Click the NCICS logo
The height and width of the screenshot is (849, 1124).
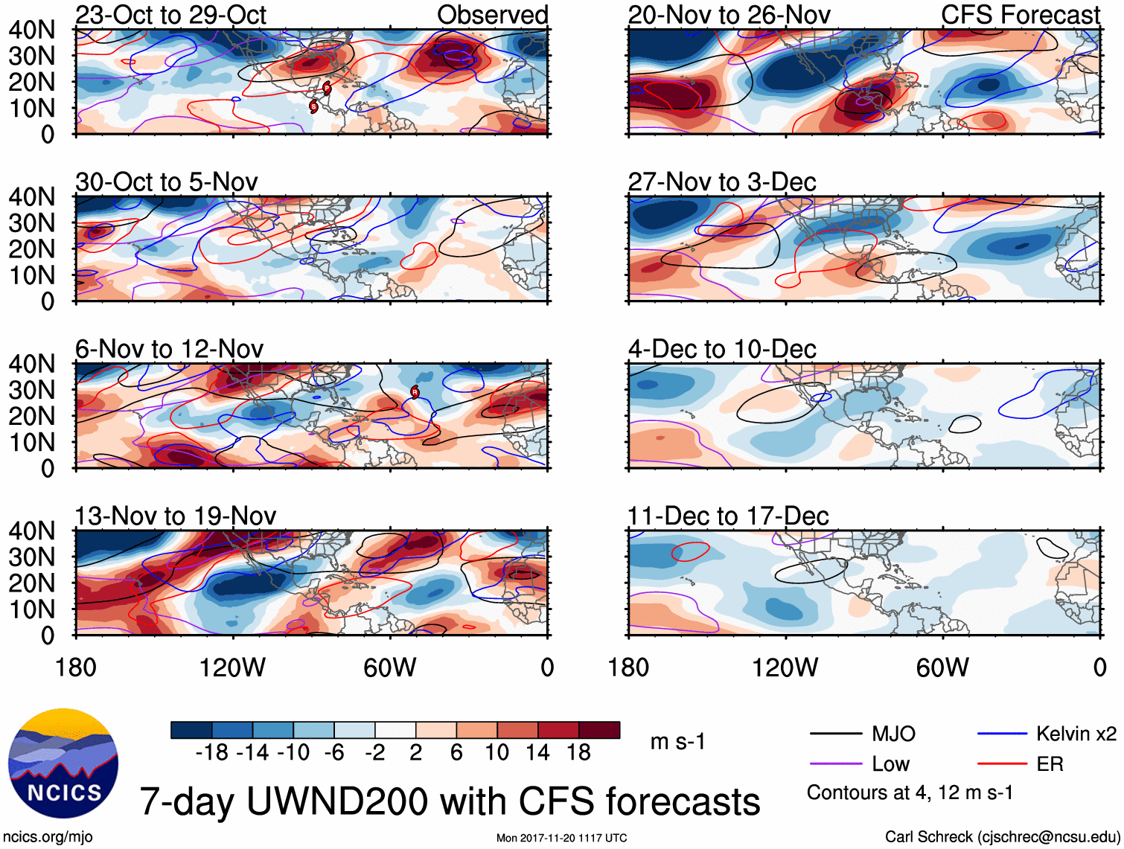click(x=63, y=763)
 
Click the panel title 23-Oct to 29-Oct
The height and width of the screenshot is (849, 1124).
click(x=170, y=15)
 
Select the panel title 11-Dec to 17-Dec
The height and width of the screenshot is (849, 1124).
click(x=727, y=516)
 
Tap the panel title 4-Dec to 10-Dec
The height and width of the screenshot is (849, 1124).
click(x=722, y=349)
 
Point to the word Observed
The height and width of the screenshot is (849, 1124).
click(x=492, y=15)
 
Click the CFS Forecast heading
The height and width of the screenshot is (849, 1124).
click(x=1020, y=15)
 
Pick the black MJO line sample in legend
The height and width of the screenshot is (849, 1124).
click(x=835, y=734)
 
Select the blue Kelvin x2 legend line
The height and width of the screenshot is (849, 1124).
click(x=1002, y=734)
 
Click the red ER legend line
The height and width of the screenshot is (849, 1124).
click(x=1002, y=764)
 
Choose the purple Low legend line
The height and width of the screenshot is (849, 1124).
click(x=835, y=764)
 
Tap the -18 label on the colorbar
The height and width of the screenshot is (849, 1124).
click(x=211, y=753)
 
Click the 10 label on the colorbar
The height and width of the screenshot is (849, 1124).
click(x=496, y=753)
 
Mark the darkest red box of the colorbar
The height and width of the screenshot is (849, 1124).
click(x=599, y=730)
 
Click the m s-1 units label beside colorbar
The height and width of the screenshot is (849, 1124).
click(x=677, y=742)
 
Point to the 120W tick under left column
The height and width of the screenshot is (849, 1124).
click(x=232, y=667)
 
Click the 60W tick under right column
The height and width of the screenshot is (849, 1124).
click(x=942, y=667)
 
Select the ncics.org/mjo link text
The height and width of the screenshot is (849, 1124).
click(x=48, y=837)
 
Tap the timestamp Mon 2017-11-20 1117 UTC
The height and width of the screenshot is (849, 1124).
click(x=561, y=838)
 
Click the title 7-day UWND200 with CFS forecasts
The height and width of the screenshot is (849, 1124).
click(x=450, y=801)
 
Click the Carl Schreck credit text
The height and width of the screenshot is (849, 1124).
click(x=1002, y=837)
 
